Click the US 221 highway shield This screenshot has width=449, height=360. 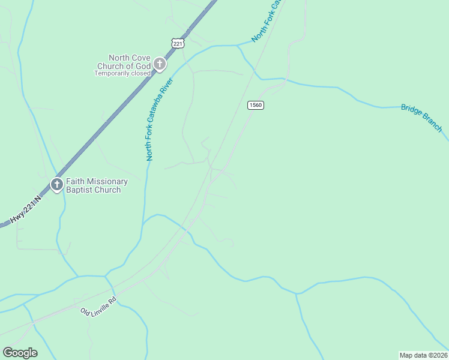point(177,44)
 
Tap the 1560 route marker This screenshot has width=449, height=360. point(255,105)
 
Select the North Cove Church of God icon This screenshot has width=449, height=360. point(160,64)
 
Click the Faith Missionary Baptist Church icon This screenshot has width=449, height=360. point(57,184)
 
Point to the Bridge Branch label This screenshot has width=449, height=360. point(421,118)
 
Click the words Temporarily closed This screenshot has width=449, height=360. point(122,74)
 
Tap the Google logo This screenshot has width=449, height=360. point(20,353)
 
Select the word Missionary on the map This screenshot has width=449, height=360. point(106,181)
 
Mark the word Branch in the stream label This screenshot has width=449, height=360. point(432,124)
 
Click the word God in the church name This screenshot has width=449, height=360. point(142,66)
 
